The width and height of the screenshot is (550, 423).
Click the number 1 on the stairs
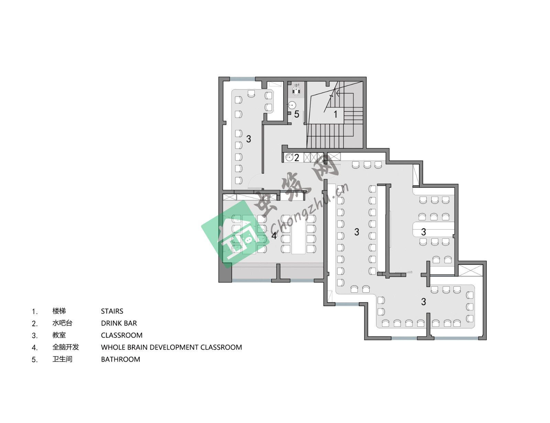335,114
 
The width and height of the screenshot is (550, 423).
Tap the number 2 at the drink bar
297,158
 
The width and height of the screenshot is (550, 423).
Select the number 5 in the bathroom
297,114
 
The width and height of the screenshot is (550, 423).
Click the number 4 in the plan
274,236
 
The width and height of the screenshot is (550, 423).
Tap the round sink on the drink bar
289,158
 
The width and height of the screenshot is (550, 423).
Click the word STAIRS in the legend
112,311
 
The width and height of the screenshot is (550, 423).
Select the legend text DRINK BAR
119,323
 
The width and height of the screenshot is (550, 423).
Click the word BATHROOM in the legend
120,359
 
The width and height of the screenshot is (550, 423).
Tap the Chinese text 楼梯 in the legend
59,311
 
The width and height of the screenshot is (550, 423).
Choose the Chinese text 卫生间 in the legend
62,359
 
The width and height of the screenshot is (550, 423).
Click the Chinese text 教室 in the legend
59,335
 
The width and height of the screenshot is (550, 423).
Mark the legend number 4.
35,348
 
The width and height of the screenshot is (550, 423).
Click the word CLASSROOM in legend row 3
122,335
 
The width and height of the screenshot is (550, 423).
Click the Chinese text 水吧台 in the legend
62,323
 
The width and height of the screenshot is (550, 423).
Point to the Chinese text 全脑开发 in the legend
66,347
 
